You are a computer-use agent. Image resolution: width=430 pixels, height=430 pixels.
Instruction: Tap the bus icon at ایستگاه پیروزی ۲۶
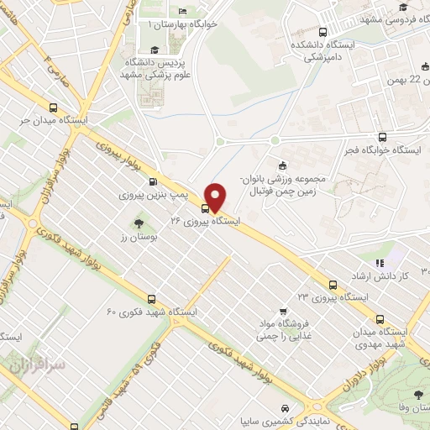pos(206,207)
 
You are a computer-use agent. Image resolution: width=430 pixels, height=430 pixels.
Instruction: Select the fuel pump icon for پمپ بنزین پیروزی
pos(152,182)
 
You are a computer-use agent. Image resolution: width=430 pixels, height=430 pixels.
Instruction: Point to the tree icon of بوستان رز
pos(138,223)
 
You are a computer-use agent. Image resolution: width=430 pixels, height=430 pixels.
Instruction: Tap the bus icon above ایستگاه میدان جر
pos(55,107)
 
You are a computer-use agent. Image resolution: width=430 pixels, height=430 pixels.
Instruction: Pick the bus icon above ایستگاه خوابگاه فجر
pos(383,137)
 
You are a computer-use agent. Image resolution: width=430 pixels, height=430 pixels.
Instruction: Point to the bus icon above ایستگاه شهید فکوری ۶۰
pos(151,298)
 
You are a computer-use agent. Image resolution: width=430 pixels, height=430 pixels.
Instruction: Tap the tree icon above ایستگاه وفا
pos(418,395)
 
